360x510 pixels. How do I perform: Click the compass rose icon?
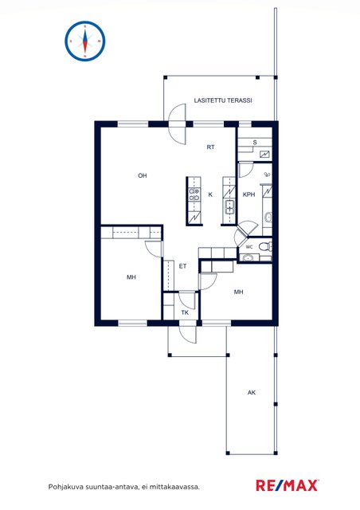(x=85, y=41)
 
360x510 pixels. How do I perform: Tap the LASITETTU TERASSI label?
(x=223, y=100)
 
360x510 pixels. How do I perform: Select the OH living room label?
(x=143, y=175)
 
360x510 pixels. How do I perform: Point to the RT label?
(x=211, y=147)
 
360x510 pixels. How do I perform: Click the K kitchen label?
(x=210, y=194)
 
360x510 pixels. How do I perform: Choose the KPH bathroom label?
(x=249, y=194)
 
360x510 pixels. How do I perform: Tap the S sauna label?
(x=255, y=142)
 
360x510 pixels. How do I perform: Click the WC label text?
(x=249, y=247)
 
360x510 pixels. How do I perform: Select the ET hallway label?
(x=182, y=266)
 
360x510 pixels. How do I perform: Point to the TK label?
(x=185, y=312)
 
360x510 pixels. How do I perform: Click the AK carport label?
(x=252, y=393)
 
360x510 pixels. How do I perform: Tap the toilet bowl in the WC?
(x=265, y=247)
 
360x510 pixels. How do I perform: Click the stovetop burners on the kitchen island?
(x=194, y=194)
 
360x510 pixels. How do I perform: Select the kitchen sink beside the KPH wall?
(x=230, y=206)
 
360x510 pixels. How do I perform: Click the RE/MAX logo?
(x=288, y=485)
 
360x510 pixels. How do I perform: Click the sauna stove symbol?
(x=265, y=154)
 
